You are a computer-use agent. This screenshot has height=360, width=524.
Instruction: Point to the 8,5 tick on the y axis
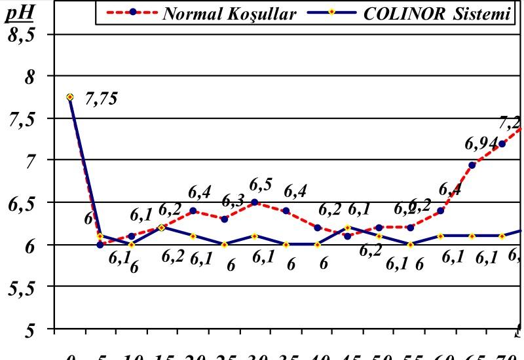23,35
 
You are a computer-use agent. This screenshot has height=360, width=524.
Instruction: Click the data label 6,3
233,200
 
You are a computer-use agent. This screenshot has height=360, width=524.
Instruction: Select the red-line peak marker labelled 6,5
255,202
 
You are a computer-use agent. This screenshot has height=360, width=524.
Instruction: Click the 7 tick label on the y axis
31,161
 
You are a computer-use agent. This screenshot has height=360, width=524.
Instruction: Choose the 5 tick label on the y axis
31,329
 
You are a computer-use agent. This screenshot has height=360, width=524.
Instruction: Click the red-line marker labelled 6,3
224,219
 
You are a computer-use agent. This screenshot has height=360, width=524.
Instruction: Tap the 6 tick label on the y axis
31,245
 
